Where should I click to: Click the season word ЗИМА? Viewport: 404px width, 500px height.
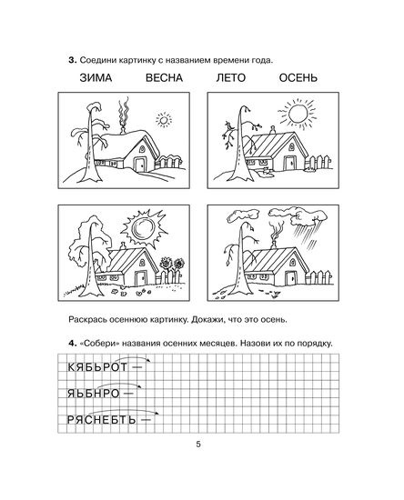pos(96,78)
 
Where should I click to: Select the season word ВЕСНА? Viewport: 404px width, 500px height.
pos(165,78)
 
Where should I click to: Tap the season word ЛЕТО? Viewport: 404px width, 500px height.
pos(231,78)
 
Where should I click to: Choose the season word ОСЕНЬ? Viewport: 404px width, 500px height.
pos(298,78)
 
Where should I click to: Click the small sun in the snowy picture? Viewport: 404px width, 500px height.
pos(164,120)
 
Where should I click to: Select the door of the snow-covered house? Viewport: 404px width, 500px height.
pos(139,165)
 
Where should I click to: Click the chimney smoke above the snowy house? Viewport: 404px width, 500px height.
pos(124,114)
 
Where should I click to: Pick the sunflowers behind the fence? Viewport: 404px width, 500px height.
pos(172,264)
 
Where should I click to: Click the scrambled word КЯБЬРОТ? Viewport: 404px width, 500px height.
pos(97,367)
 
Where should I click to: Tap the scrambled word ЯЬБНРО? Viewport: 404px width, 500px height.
pos(93,394)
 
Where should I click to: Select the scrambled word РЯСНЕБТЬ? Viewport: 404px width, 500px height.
pos(102,420)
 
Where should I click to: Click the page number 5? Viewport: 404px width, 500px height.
pos(198,445)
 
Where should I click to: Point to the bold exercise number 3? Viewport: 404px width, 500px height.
pos(73,60)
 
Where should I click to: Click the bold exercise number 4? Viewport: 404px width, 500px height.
pos(73,344)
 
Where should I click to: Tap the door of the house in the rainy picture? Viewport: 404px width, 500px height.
pos(289,278)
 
